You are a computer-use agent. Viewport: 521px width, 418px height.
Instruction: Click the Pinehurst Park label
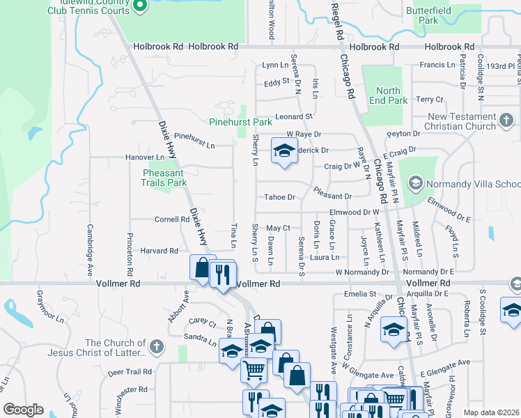click(241, 121)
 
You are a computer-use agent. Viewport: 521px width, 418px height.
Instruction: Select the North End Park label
click(388, 95)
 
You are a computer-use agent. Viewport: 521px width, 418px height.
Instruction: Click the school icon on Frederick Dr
click(283, 150)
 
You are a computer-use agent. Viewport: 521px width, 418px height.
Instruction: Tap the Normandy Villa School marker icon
click(416, 184)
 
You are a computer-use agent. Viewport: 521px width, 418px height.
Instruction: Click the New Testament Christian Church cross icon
click(506, 122)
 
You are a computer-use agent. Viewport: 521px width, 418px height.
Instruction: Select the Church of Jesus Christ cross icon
click(158, 346)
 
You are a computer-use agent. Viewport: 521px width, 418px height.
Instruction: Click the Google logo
click(24, 409)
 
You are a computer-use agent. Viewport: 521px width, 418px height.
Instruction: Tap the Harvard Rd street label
click(160, 251)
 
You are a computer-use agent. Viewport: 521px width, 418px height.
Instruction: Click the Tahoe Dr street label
click(279, 197)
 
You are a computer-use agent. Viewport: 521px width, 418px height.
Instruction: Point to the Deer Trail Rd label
click(127, 371)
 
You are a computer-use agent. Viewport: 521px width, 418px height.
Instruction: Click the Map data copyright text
click(492, 412)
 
